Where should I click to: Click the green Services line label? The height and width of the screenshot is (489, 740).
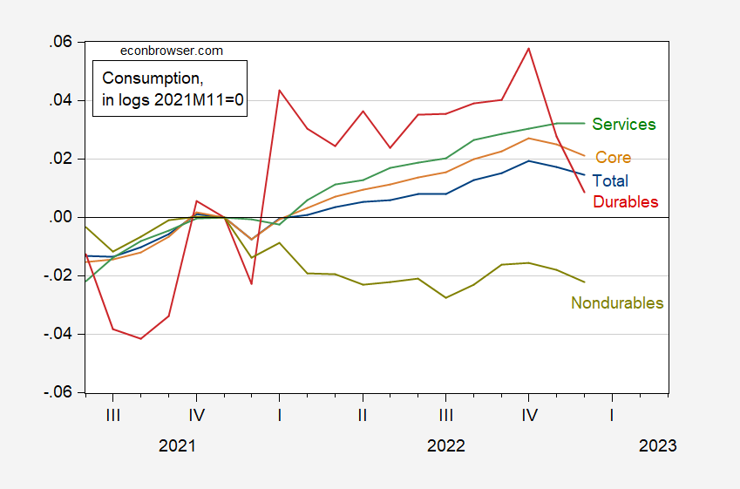[623, 125]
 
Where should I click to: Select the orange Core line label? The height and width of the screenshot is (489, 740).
[613, 158]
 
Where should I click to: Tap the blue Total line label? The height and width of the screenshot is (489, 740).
[610, 181]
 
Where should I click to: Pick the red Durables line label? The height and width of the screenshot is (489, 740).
[625, 202]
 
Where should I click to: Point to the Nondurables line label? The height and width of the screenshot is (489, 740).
[617, 303]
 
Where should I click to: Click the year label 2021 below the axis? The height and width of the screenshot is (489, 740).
[177, 445]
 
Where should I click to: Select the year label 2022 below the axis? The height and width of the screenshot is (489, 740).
[445, 445]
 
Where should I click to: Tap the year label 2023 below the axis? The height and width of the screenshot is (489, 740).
[657, 445]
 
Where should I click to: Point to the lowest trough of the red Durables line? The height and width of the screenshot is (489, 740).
[140, 338]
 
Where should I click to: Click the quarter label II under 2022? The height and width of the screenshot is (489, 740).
[362, 415]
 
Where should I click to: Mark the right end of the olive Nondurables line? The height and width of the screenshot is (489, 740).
[585, 282]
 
